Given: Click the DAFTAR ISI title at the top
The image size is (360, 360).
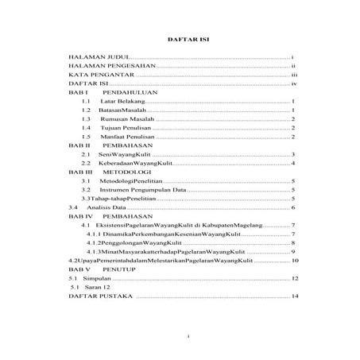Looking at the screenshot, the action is [x=179, y=37].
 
